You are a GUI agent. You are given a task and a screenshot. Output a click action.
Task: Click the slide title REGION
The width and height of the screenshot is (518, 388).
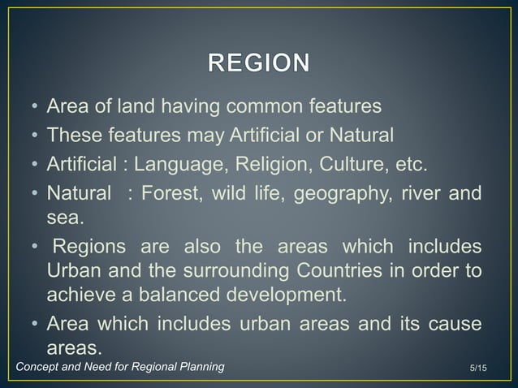(259, 63)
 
